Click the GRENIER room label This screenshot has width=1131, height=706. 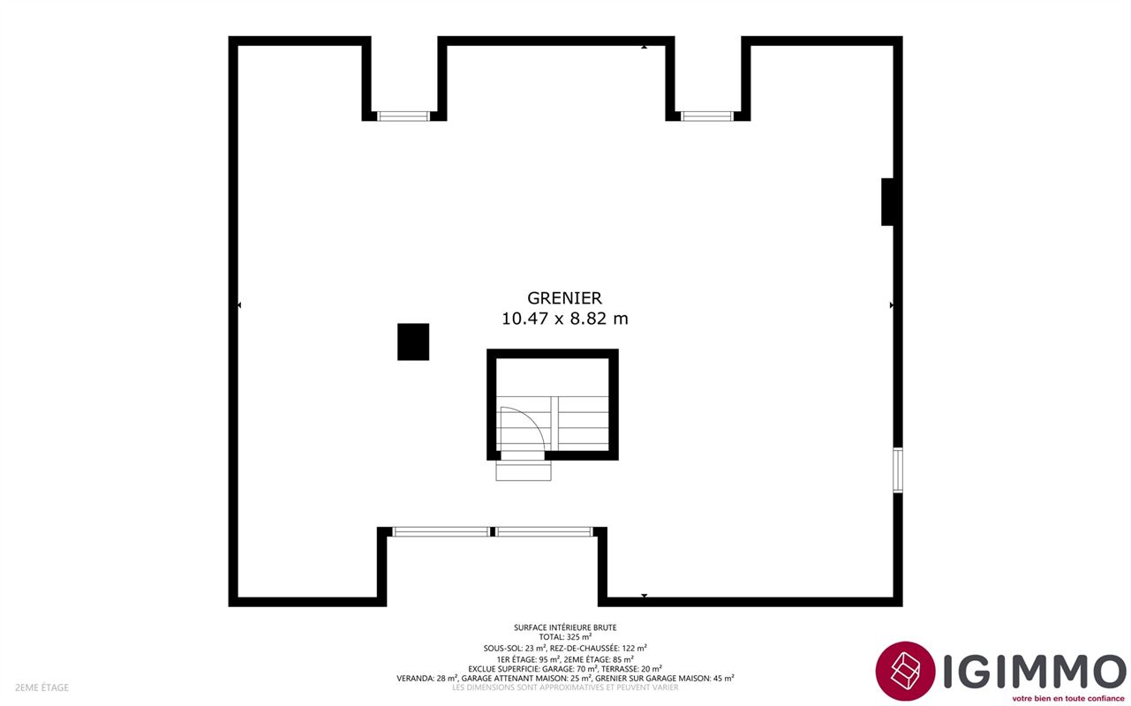pos(564,298)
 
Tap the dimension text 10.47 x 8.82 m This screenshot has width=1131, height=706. pos(564,319)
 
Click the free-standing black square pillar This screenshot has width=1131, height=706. pos(413,342)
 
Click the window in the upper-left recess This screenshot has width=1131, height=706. pos(403,116)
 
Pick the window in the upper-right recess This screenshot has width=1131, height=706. pos(706,116)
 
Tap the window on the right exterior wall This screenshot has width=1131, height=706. pos(898,469)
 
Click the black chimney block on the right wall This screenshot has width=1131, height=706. pos(887,202)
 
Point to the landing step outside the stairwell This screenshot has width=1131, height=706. pos(523,470)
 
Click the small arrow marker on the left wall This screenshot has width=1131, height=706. pos(239,305)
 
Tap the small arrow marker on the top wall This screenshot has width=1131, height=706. pos(644,47)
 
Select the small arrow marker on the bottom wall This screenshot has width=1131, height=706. pos(644,596)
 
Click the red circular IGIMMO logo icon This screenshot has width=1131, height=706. pos(905,672)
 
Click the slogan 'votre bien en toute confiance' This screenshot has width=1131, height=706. pos(1067,698)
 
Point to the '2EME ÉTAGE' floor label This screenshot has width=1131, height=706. pos(41,687)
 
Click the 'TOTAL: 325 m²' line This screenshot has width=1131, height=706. pos(565,637)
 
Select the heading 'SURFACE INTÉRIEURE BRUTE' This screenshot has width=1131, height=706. pos(565,627)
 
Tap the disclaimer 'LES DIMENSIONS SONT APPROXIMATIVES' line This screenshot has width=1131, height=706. pos(565,687)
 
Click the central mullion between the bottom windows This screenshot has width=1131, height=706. pos(493,531)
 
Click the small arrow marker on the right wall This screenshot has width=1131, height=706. pos(891,305)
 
